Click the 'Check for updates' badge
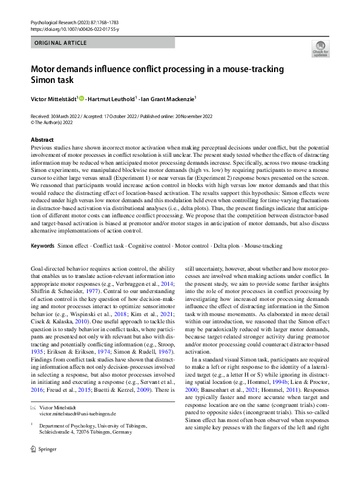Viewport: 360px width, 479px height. (319, 48)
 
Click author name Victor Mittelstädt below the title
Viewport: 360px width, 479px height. (53, 98)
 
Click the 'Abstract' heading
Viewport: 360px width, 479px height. (42, 140)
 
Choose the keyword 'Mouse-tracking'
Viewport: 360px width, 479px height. (263, 246)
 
